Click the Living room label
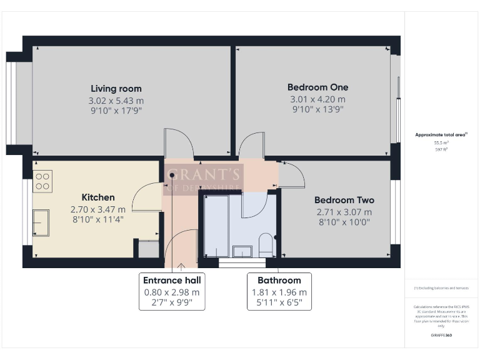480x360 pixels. click(116, 88)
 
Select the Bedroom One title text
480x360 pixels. click(317, 87)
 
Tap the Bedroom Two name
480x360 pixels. click(344, 200)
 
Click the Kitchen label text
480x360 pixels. click(98, 197)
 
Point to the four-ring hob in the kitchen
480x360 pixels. click(43, 181)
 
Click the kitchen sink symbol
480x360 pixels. click(42, 222)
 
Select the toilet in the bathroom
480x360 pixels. click(266, 244)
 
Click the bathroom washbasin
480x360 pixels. click(242, 251)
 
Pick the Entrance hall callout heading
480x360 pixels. click(172, 280)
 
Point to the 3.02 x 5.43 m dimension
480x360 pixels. click(116, 100)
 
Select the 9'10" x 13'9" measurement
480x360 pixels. click(317, 109)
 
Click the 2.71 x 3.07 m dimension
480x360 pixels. click(344, 211)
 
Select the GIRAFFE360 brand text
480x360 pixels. click(442, 336)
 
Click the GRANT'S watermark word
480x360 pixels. click(203, 174)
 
